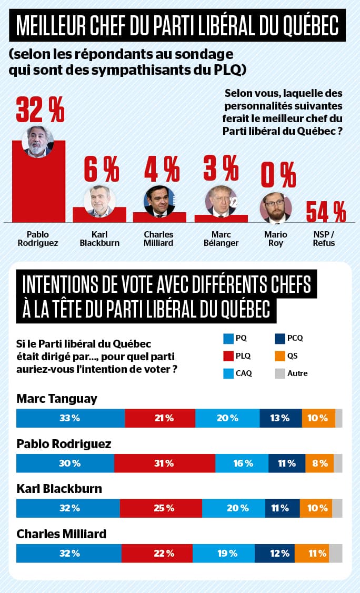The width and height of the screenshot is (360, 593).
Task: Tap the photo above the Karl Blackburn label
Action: point(99,201)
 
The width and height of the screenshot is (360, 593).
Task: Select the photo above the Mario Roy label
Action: point(275,208)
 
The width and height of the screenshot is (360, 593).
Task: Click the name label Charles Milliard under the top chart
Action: point(159,239)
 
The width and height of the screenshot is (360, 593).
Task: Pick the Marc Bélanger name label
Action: point(221,239)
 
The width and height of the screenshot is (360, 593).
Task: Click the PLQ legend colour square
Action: point(228,356)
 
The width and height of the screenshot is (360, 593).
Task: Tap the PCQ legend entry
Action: point(289,338)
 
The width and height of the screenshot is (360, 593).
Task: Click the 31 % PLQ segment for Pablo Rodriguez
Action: point(164,463)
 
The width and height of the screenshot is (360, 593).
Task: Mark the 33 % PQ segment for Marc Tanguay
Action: point(71,418)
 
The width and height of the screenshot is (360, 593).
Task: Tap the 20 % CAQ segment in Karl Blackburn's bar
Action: point(233,508)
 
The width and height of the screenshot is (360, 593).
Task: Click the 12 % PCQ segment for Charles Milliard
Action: point(274,554)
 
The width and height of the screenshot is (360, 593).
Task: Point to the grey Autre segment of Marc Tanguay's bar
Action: point(338,418)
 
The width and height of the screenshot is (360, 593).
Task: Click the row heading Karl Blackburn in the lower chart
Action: point(59,489)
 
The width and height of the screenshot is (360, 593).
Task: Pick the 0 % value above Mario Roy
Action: point(278,176)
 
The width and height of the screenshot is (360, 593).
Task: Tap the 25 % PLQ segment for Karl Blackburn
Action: point(161,508)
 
